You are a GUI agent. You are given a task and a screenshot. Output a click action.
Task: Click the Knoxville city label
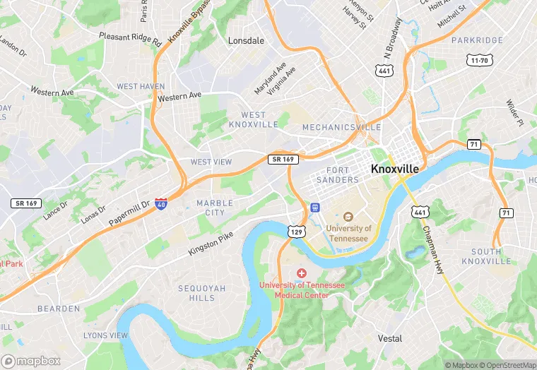[x=394, y=169]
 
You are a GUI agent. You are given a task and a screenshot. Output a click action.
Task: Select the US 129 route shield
[x=296, y=231]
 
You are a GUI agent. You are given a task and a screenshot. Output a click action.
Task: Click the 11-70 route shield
[x=478, y=61]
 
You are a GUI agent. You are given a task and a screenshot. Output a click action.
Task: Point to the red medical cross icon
[x=302, y=273]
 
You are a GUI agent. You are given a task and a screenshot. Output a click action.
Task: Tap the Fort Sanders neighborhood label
[x=343, y=175]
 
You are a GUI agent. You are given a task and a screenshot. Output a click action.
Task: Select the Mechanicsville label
[x=341, y=128]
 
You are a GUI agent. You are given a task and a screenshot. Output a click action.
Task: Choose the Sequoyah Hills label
[x=201, y=293]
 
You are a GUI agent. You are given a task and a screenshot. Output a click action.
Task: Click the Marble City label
[x=215, y=208]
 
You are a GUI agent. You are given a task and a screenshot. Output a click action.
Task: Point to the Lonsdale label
[x=246, y=41]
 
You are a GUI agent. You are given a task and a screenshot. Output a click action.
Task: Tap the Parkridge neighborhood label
[x=477, y=41]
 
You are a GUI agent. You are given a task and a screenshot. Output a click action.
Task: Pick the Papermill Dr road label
[x=130, y=214]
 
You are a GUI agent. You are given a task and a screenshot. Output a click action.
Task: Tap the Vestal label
[x=389, y=338]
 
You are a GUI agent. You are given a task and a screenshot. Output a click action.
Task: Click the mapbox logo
[x=32, y=361]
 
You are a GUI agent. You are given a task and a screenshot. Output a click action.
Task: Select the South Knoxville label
[x=486, y=256]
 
